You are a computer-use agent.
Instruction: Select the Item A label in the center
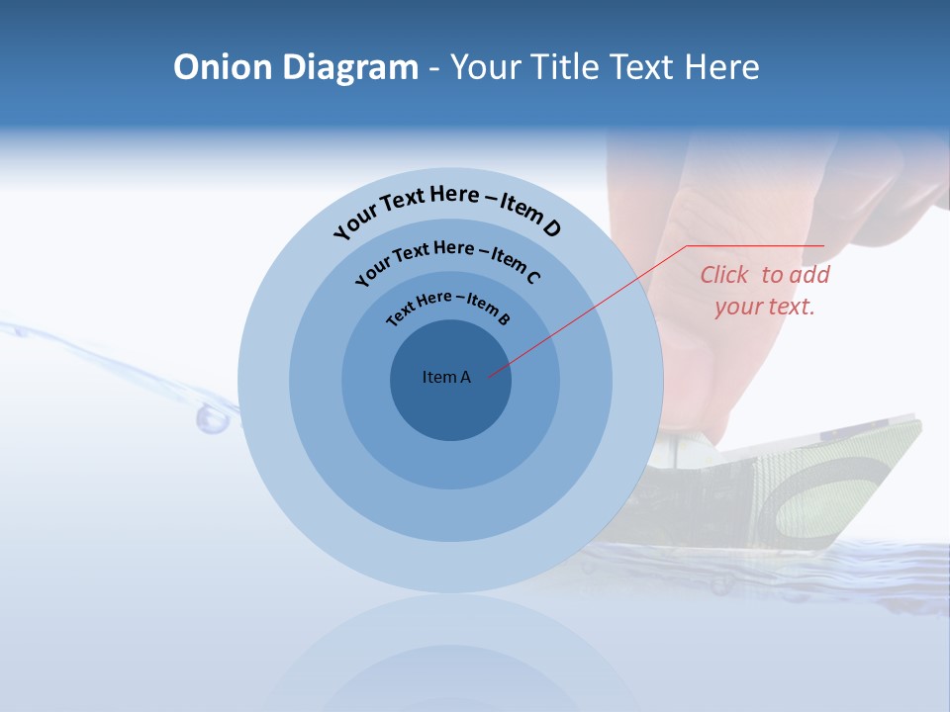(x=446, y=377)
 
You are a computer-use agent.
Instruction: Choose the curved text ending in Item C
(x=447, y=260)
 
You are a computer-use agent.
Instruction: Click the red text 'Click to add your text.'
(x=765, y=290)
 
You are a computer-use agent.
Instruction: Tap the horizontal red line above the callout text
(x=755, y=245)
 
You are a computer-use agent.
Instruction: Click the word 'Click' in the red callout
(x=725, y=275)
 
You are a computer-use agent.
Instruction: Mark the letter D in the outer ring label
(x=551, y=228)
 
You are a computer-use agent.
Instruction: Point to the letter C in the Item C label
(x=532, y=277)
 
